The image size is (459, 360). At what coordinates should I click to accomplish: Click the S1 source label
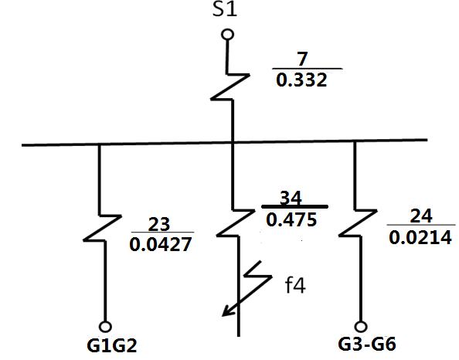[225, 9]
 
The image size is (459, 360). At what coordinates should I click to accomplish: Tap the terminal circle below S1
[227, 35]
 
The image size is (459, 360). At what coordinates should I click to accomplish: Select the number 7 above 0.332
[302, 59]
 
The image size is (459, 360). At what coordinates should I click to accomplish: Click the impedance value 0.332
[301, 80]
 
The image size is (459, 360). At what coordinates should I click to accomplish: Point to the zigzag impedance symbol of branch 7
[230, 87]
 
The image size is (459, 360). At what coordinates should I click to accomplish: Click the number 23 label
[159, 224]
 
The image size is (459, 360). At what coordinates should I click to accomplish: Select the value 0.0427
[161, 244]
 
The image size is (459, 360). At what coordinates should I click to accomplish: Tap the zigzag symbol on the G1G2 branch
[103, 229]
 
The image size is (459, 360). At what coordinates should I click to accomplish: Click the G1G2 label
[112, 345]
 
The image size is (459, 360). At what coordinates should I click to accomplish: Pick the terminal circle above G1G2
[105, 326]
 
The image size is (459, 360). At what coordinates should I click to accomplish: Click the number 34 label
[291, 198]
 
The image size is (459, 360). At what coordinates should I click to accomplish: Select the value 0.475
[291, 219]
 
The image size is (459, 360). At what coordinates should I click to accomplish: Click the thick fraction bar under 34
[294, 206]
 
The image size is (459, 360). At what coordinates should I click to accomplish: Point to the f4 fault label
[295, 285]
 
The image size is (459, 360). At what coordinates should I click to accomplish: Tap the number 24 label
[421, 216]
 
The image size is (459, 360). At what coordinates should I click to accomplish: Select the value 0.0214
[420, 237]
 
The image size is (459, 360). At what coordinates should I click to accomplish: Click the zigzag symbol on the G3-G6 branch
[358, 222]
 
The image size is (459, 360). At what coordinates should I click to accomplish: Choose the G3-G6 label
[367, 345]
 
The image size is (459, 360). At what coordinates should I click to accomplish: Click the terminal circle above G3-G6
[361, 326]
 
